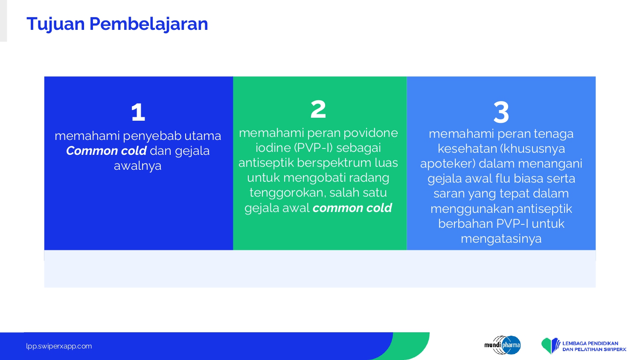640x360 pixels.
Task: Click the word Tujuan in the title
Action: coord(56,24)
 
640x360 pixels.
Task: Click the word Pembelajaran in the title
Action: coord(148,23)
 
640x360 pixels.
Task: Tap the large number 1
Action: coord(138,112)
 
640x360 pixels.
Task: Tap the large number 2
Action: coord(318,109)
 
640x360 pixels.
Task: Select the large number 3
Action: coord(501,112)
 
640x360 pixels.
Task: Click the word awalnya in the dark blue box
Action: coord(138,166)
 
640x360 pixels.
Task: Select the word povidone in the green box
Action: coord(371,133)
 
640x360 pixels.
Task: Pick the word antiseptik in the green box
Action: coord(266,163)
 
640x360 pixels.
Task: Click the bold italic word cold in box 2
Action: coord(379,208)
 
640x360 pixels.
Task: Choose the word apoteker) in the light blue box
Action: coord(448,164)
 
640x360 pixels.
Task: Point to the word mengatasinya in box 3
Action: coord(501,239)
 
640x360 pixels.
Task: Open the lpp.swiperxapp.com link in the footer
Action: coord(59,346)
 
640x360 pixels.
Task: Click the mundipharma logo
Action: coord(503,345)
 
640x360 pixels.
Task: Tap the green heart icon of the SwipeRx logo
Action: coord(547,345)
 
